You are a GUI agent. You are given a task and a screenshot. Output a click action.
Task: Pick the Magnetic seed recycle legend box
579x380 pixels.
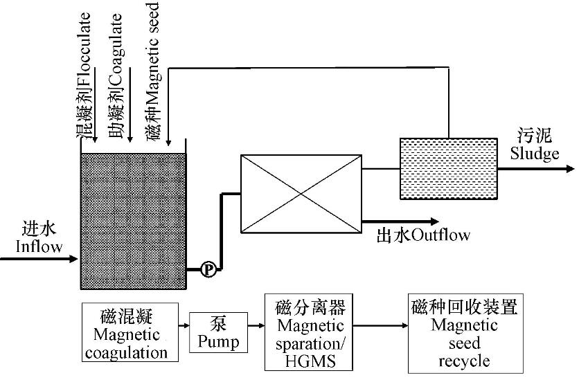pyautogui.click(x=463, y=333)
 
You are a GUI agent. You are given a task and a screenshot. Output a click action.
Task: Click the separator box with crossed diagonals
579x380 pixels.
pyautogui.click(x=301, y=193)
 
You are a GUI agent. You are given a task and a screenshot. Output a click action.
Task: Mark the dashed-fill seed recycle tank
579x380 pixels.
pyautogui.click(x=449, y=168)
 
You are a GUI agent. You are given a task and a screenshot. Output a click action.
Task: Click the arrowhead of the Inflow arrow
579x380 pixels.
pyautogui.click(x=75, y=260)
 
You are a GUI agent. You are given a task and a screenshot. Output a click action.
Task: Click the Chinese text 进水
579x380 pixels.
pyautogui.click(x=37, y=229)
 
